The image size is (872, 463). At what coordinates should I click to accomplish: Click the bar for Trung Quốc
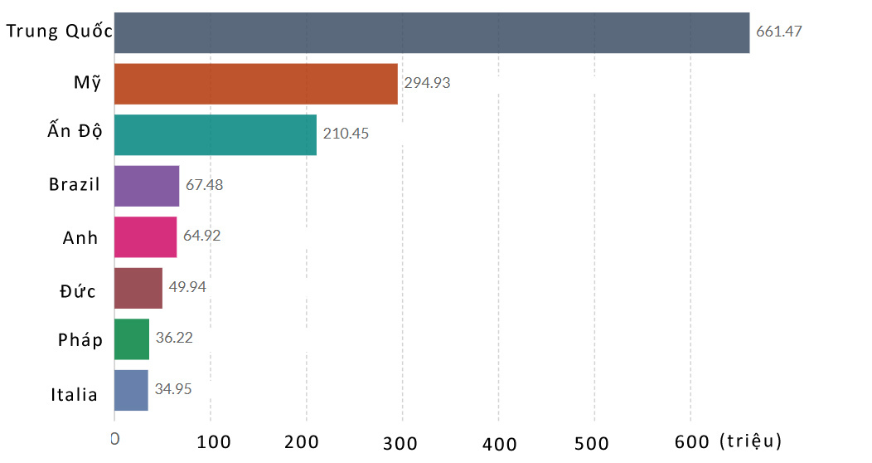coord(431,33)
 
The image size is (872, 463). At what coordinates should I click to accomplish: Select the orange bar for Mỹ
coord(255,84)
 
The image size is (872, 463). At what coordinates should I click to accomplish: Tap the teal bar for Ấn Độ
coord(215,134)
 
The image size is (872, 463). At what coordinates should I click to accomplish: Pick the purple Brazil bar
coord(146,186)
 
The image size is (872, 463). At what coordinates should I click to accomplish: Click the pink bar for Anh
coord(145,237)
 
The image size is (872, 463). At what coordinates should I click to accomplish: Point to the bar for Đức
coord(138,288)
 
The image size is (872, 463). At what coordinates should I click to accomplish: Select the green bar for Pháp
coord(131,339)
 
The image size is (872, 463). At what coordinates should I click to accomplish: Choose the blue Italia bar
coord(131,390)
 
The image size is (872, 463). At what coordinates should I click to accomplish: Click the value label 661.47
coord(779,32)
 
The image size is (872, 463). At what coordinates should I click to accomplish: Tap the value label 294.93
coord(427,83)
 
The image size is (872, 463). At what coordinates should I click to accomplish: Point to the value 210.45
coord(346,134)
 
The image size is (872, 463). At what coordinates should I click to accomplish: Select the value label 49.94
coord(187,287)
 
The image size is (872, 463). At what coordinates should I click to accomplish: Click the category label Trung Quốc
coord(59,32)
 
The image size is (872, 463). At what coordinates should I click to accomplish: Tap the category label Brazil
coord(75,185)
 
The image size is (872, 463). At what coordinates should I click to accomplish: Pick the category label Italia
coord(75,395)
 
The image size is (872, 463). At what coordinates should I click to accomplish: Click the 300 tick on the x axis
coord(402,442)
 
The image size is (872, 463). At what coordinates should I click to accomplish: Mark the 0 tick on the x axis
coord(115,438)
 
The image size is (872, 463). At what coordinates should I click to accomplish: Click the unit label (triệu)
coord(751,440)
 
